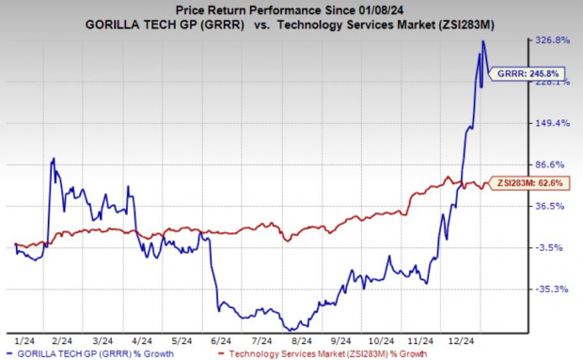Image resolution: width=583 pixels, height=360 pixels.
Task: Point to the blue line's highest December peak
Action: pyautogui.click(x=482, y=40)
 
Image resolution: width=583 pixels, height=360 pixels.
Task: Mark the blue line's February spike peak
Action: pyautogui.click(x=54, y=159)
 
